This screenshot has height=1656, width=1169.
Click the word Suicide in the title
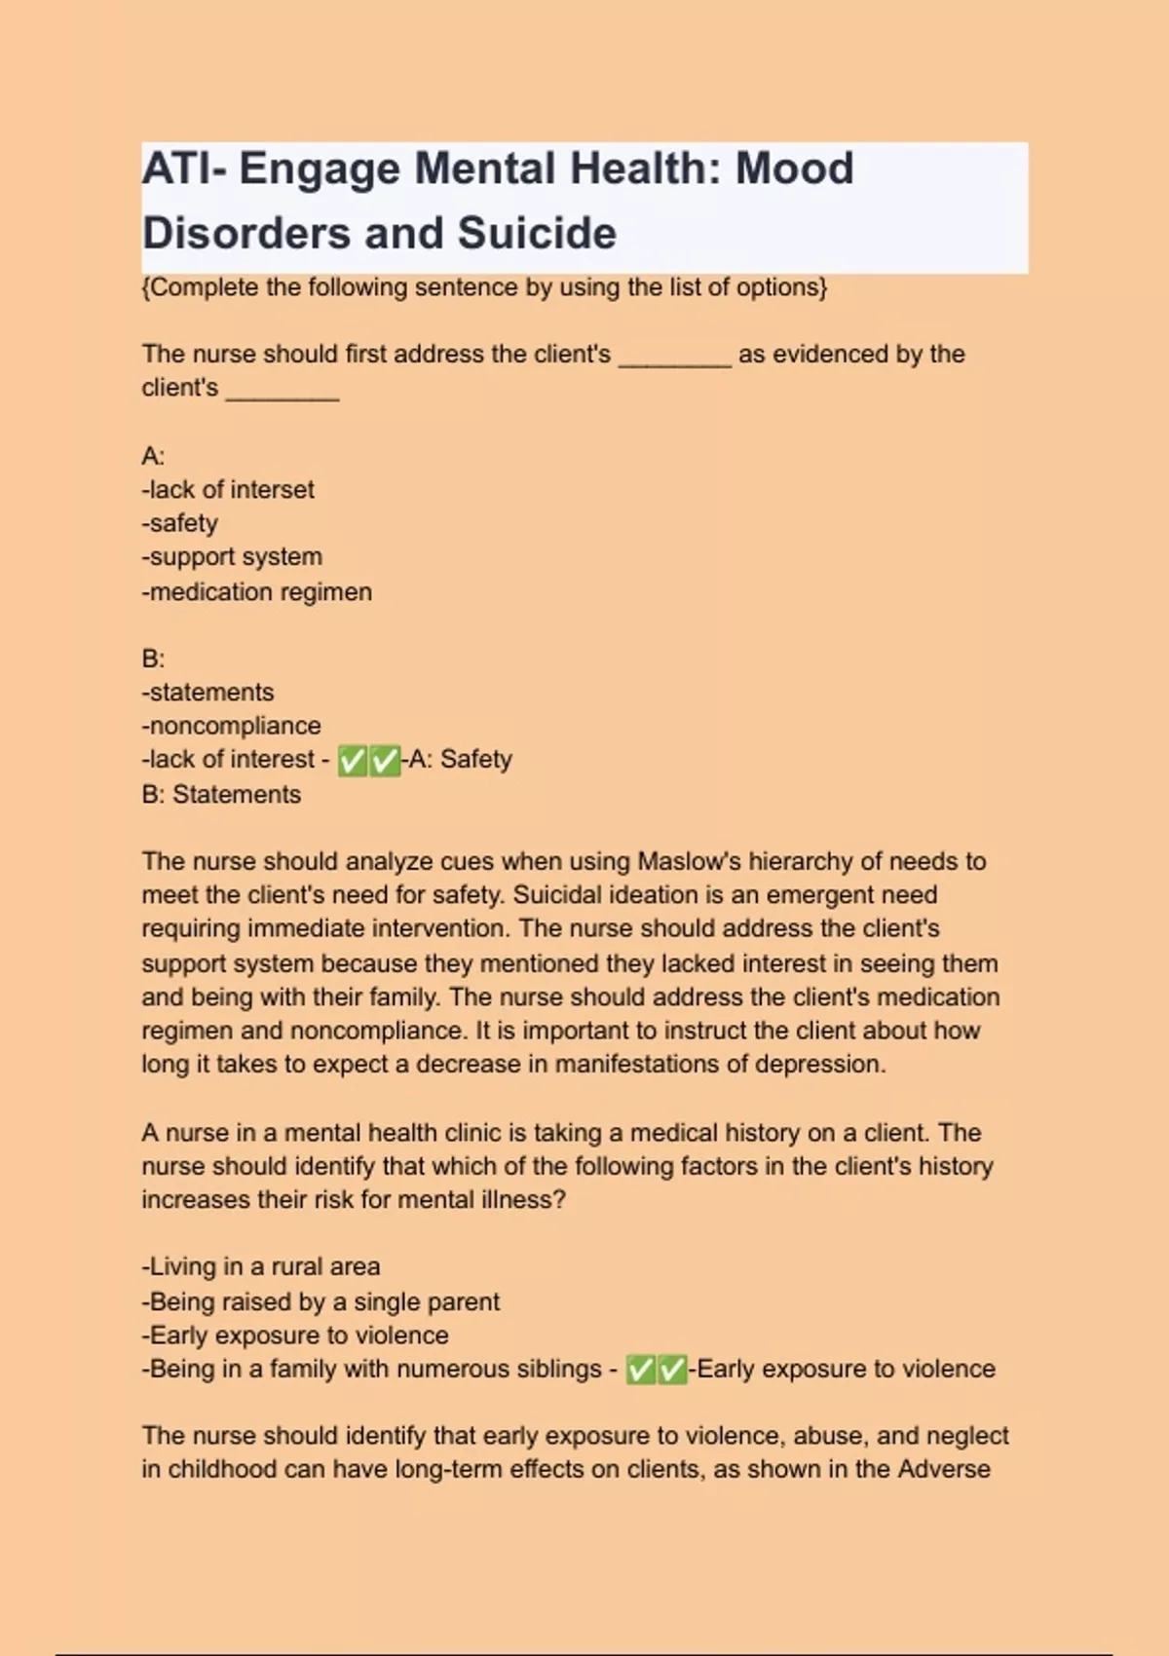click(537, 234)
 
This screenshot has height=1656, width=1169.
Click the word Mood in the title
click(794, 169)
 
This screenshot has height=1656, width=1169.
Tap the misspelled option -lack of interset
click(228, 489)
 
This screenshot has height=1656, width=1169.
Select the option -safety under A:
click(180, 523)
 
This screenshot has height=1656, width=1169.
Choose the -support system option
click(232, 557)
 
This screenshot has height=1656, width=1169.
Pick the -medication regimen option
click(257, 591)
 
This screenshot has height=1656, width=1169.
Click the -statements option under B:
click(208, 692)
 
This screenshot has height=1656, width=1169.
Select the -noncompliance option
click(232, 726)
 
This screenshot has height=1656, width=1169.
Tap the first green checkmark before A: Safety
click(353, 761)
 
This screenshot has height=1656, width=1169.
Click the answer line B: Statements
click(221, 794)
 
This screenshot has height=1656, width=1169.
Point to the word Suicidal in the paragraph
click(556, 895)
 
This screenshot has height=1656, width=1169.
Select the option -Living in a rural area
click(261, 1266)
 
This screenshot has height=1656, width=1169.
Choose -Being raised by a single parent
click(321, 1301)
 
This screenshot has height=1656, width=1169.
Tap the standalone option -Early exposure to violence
click(295, 1335)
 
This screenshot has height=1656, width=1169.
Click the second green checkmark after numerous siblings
click(672, 1371)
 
